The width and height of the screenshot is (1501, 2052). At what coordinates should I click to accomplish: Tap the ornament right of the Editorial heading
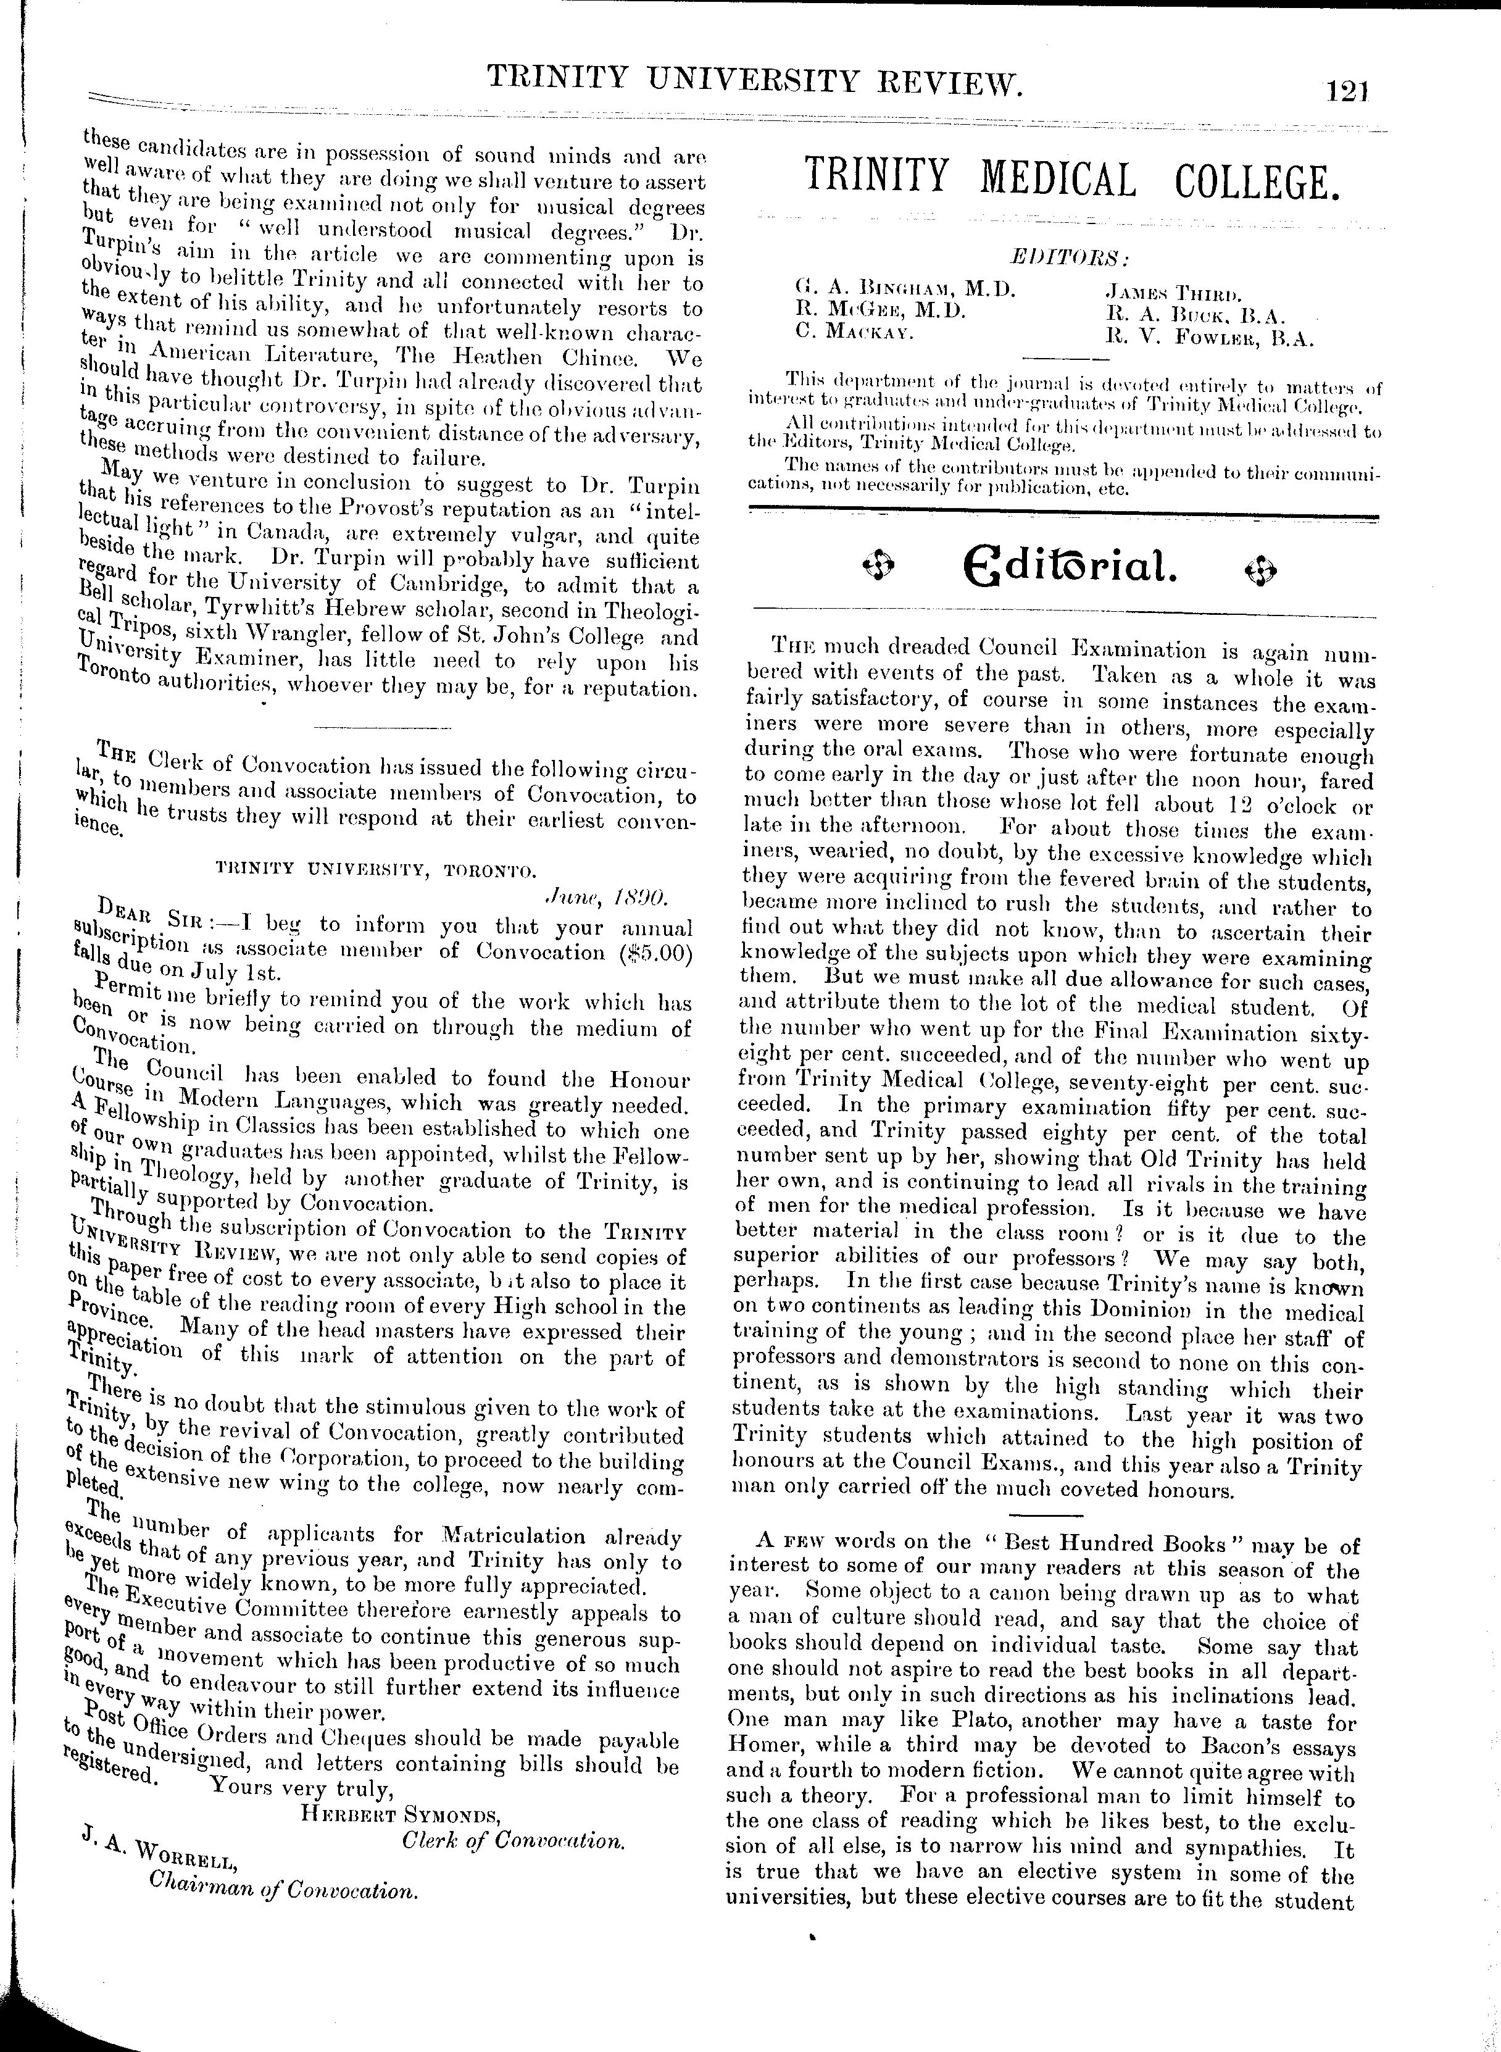(1263, 570)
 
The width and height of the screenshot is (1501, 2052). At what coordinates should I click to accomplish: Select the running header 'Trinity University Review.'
(757, 83)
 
